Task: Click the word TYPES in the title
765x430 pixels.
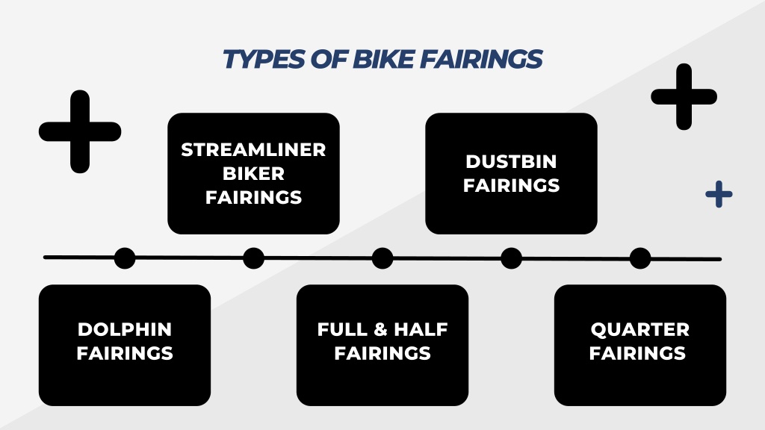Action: coord(264,59)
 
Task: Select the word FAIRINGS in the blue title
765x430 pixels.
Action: coord(481,59)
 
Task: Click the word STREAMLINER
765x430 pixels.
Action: coord(253,149)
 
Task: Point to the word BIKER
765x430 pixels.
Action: coord(253,173)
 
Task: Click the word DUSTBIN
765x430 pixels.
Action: coord(511,161)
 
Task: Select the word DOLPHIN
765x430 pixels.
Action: coord(125,329)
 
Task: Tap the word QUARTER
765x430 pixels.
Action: coord(639,329)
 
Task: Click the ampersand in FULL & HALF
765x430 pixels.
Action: coord(380,329)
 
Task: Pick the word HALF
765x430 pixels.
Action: coord(421,329)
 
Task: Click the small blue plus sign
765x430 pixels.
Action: coord(719,194)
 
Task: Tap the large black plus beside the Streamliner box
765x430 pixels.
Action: coord(80,131)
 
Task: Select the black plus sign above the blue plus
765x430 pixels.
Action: coord(684,96)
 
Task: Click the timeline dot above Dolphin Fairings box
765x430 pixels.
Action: coord(125,258)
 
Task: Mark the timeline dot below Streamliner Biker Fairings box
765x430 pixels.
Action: coord(253,258)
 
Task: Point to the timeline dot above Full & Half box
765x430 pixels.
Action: coord(382,258)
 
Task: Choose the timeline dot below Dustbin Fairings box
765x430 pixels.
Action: coord(511,258)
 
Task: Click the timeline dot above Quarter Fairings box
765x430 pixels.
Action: coord(640,258)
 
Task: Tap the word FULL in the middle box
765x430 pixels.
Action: coord(342,329)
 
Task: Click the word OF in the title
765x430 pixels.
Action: coord(329,59)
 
